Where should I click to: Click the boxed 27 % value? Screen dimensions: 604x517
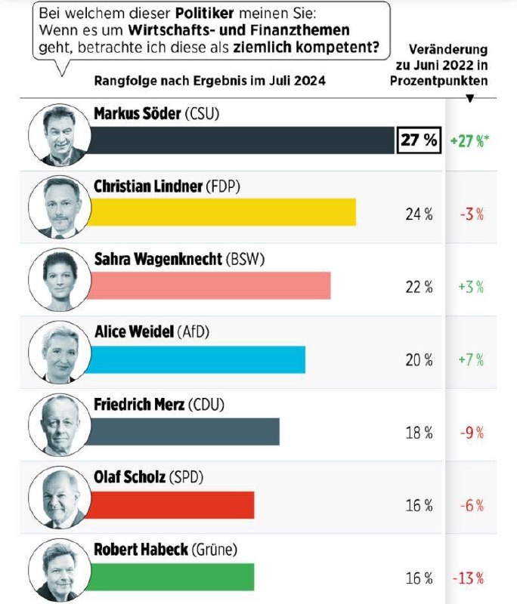click(x=419, y=140)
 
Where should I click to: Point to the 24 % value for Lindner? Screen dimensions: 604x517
click(x=419, y=214)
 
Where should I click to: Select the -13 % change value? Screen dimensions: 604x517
click(x=469, y=579)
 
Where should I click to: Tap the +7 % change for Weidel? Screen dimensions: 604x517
click(x=471, y=360)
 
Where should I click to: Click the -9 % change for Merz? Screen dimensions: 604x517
click(x=471, y=433)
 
